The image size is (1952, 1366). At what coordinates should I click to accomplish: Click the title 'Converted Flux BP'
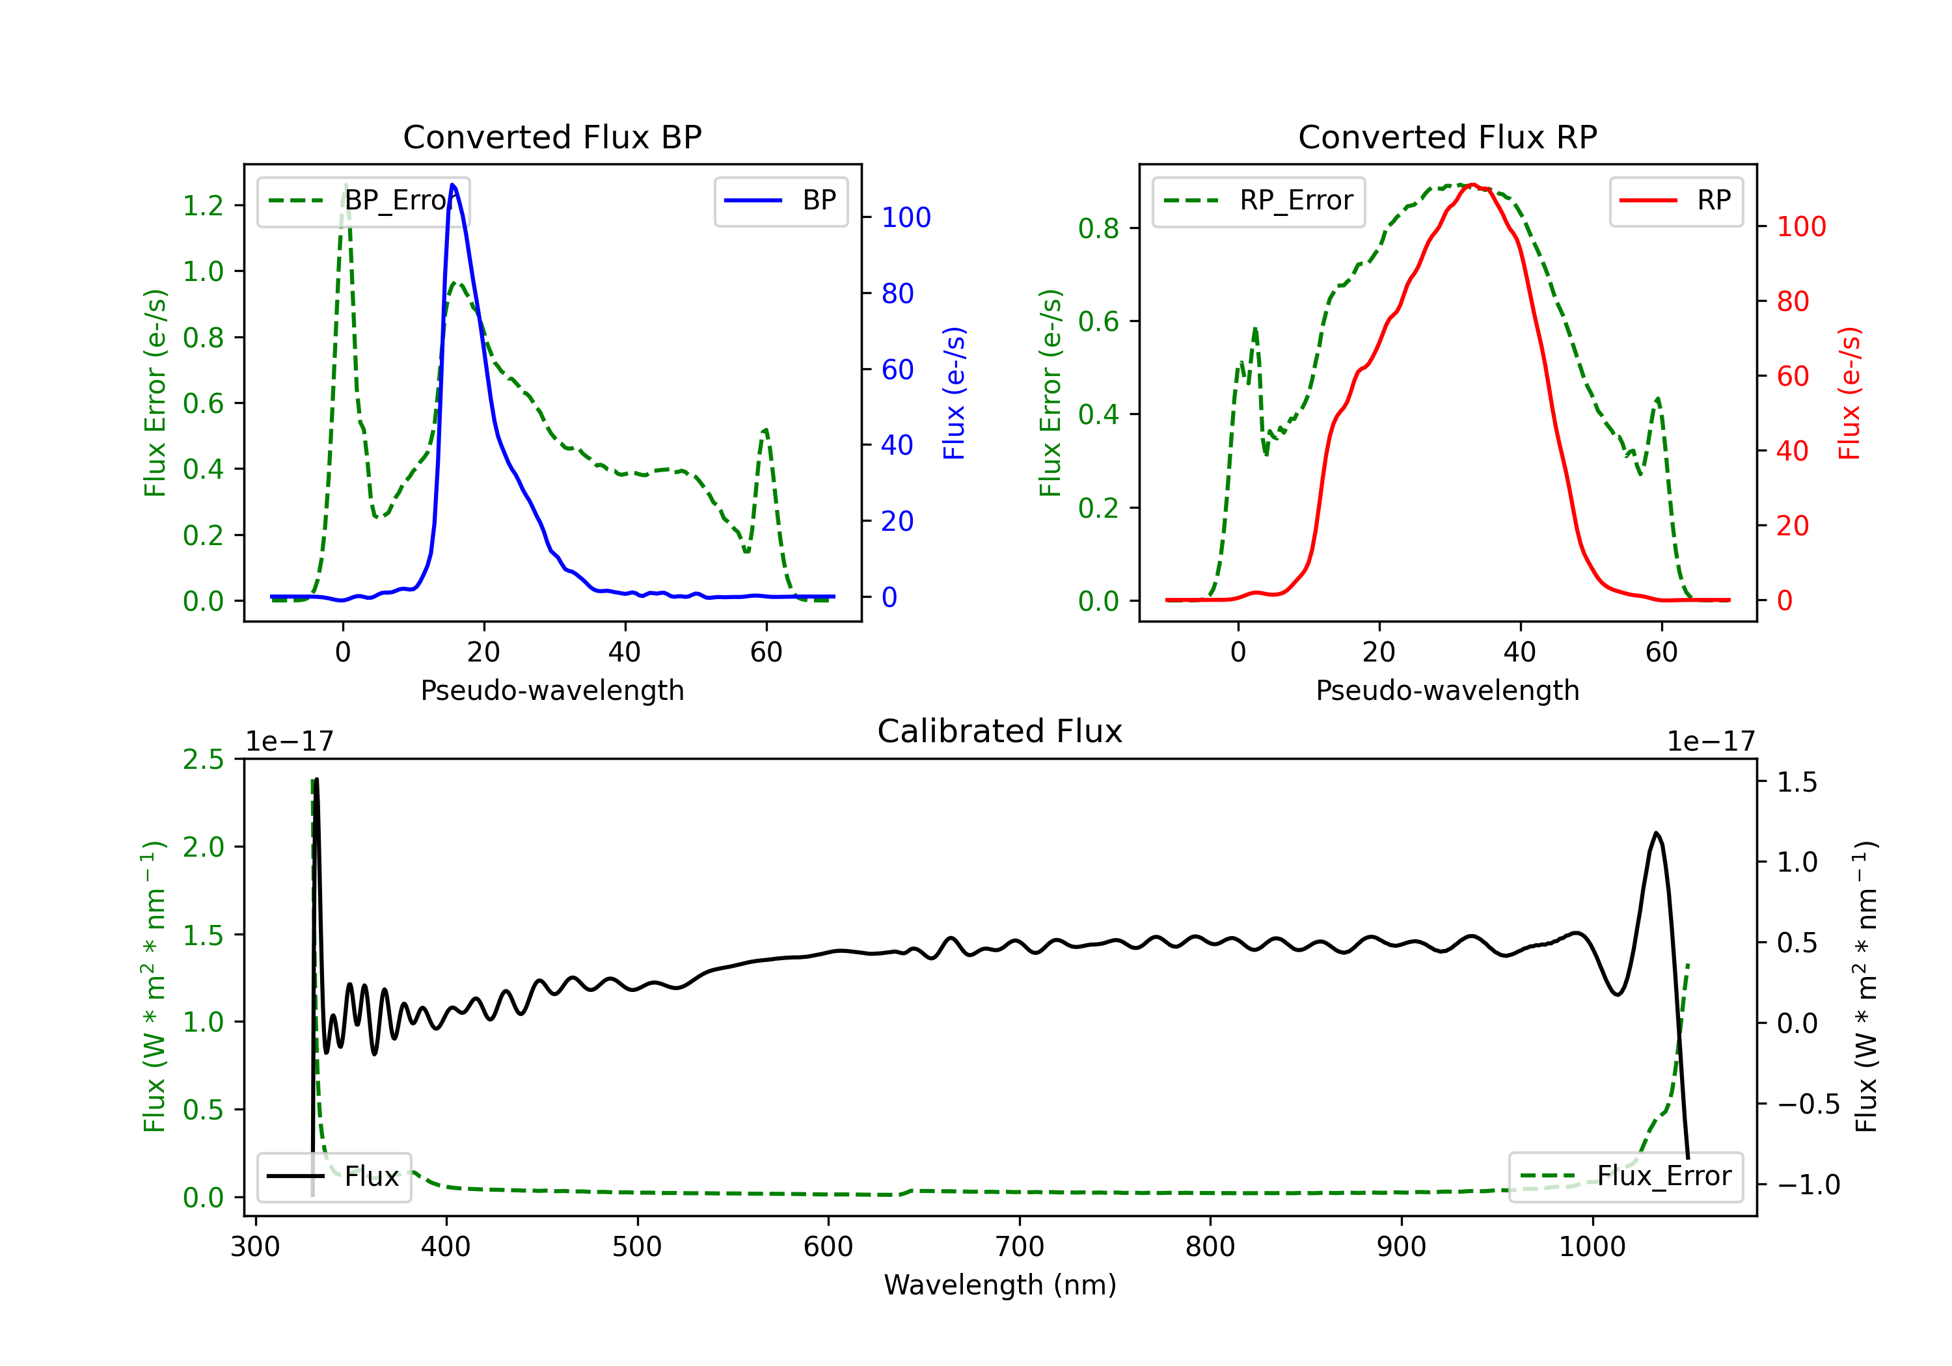tap(552, 137)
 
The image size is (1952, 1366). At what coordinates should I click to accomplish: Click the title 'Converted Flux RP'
tap(1447, 137)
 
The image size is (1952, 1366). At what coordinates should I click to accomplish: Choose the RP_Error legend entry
tap(1258, 200)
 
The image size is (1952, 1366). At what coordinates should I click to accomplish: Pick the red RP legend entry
tap(1675, 200)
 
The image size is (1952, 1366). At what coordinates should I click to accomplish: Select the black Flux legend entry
tap(334, 1177)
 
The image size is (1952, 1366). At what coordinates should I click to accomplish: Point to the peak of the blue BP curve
tap(452, 185)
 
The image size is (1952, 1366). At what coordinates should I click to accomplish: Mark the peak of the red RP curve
tap(1472, 185)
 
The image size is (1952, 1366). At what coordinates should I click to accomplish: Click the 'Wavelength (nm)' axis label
tap(1000, 1285)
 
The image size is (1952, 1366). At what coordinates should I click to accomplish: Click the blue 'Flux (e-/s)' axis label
tap(954, 393)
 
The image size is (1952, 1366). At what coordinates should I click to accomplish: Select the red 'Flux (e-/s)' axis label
tap(1849, 393)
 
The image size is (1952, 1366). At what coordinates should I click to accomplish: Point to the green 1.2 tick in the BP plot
tap(203, 206)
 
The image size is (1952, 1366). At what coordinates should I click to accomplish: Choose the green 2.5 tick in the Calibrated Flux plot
tap(203, 759)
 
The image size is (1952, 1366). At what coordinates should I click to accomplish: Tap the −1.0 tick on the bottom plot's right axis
tap(1808, 1185)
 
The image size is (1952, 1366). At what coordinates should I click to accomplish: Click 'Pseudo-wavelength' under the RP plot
tap(1447, 690)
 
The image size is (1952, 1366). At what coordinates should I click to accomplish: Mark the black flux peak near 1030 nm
tap(1655, 833)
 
